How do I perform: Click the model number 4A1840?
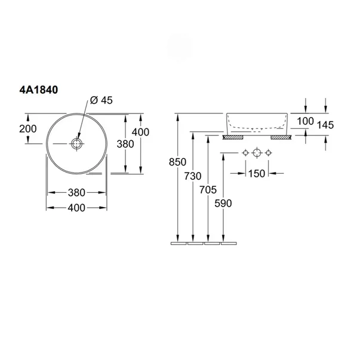pyautogui.click(x=39, y=90)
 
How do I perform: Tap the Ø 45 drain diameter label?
pyautogui.click(x=101, y=100)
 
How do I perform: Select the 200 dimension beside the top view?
pyautogui.click(x=28, y=129)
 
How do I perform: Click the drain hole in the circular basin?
pyautogui.click(x=76, y=144)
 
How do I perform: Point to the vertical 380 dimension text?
pyautogui.click(x=125, y=144)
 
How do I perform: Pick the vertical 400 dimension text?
pyautogui.click(x=140, y=132)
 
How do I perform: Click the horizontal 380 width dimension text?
pyautogui.click(x=76, y=193)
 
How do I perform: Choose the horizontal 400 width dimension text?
pyautogui.click(x=76, y=208)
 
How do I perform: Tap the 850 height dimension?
pyautogui.click(x=177, y=162)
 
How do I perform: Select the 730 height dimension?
pyautogui.click(x=193, y=176)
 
